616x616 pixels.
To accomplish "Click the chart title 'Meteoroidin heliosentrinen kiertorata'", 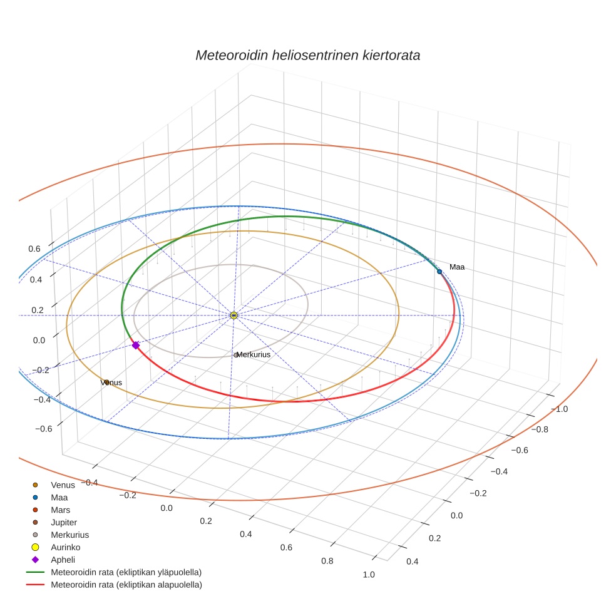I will tap(307, 55).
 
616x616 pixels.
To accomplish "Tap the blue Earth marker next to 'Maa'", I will tap(439, 271).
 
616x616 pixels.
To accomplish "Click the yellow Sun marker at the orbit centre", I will tap(234, 316).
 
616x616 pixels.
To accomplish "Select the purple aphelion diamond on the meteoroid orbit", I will tap(135, 345).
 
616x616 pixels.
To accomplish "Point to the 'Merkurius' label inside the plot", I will tap(254, 355).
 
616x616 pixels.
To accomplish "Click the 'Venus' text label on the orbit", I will tap(111, 382).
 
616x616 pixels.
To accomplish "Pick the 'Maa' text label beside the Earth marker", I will tap(457, 267).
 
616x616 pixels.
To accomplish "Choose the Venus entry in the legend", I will tap(63, 485).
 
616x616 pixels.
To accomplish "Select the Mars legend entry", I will tap(60, 510).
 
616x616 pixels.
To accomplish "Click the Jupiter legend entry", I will tap(64, 523).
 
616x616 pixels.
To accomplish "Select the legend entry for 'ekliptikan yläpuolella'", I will tap(126, 573).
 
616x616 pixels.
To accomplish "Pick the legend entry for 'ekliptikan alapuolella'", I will tap(126, 585).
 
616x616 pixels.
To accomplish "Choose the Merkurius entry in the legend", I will tap(69, 535).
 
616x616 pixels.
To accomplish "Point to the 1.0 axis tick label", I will tap(369, 575).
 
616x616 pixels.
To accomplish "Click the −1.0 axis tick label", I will tap(558, 409).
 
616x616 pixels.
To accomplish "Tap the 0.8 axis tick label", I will tap(327, 561).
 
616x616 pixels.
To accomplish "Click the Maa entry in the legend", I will tap(59, 498).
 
